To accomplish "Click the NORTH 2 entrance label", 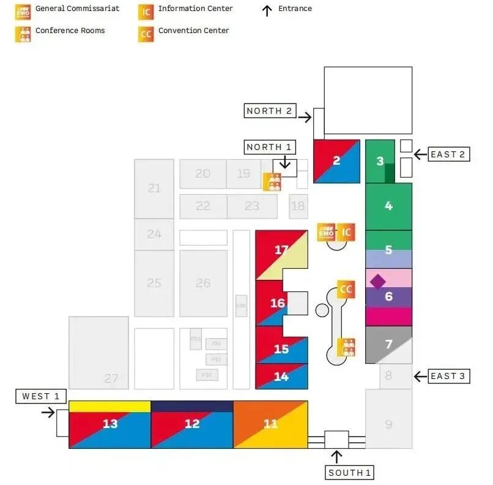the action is (x=269, y=111).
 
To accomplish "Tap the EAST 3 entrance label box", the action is (x=448, y=376).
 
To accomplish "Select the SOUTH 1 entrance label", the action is (x=349, y=473).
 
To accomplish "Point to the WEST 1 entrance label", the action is (x=40, y=396).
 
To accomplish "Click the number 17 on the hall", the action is (x=281, y=250).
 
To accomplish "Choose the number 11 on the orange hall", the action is (x=270, y=424).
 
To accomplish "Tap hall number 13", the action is (x=110, y=424).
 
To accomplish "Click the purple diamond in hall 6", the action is (x=378, y=281).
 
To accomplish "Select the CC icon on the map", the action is (x=346, y=289).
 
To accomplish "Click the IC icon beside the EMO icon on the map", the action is (x=346, y=232).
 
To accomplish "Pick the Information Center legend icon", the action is (x=146, y=10).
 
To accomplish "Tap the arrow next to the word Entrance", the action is (x=267, y=10).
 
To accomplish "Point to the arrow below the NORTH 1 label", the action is (x=284, y=162).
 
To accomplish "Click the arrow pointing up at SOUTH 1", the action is (x=336, y=456).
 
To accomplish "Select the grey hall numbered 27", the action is (x=98, y=352).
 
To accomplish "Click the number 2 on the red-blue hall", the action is (x=336, y=161).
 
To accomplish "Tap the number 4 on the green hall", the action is (x=388, y=206).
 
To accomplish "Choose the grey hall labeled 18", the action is (x=298, y=206).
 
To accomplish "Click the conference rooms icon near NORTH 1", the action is (x=272, y=182).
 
